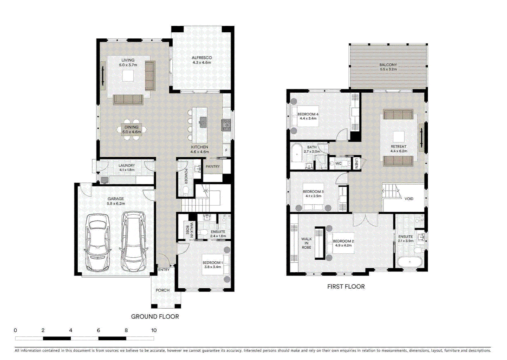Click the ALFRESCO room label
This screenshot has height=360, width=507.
(202, 58)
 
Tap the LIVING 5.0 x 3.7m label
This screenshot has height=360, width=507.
(128, 63)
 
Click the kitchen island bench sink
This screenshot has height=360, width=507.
(203, 121)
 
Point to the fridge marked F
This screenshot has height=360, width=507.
(226, 150)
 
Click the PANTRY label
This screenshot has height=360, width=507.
(213, 166)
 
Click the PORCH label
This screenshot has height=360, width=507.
(163, 290)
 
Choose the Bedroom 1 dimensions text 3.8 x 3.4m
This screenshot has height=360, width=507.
(213, 267)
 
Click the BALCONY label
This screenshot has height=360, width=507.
(388, 65)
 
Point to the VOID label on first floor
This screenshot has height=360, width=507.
(409, 199)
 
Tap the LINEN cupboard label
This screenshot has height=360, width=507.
(356, 163)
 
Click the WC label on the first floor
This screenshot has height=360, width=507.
(338, 163)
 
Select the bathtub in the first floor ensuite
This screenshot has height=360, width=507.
(409, 262)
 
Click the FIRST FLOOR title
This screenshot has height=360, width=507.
(346, 286)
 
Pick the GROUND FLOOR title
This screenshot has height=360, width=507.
(155, 317)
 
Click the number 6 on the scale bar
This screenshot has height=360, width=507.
(98, 330)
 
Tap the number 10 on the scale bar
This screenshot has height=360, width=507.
(154, 330)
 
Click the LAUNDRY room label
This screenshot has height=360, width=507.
(127, 165)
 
